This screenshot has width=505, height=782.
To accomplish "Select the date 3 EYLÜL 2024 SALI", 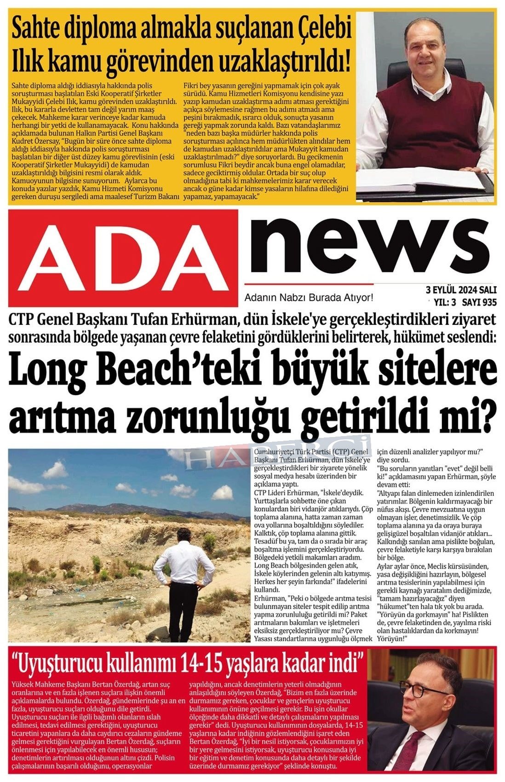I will [461, 290].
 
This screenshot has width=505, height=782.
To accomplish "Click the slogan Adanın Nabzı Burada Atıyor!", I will [309, 298].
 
